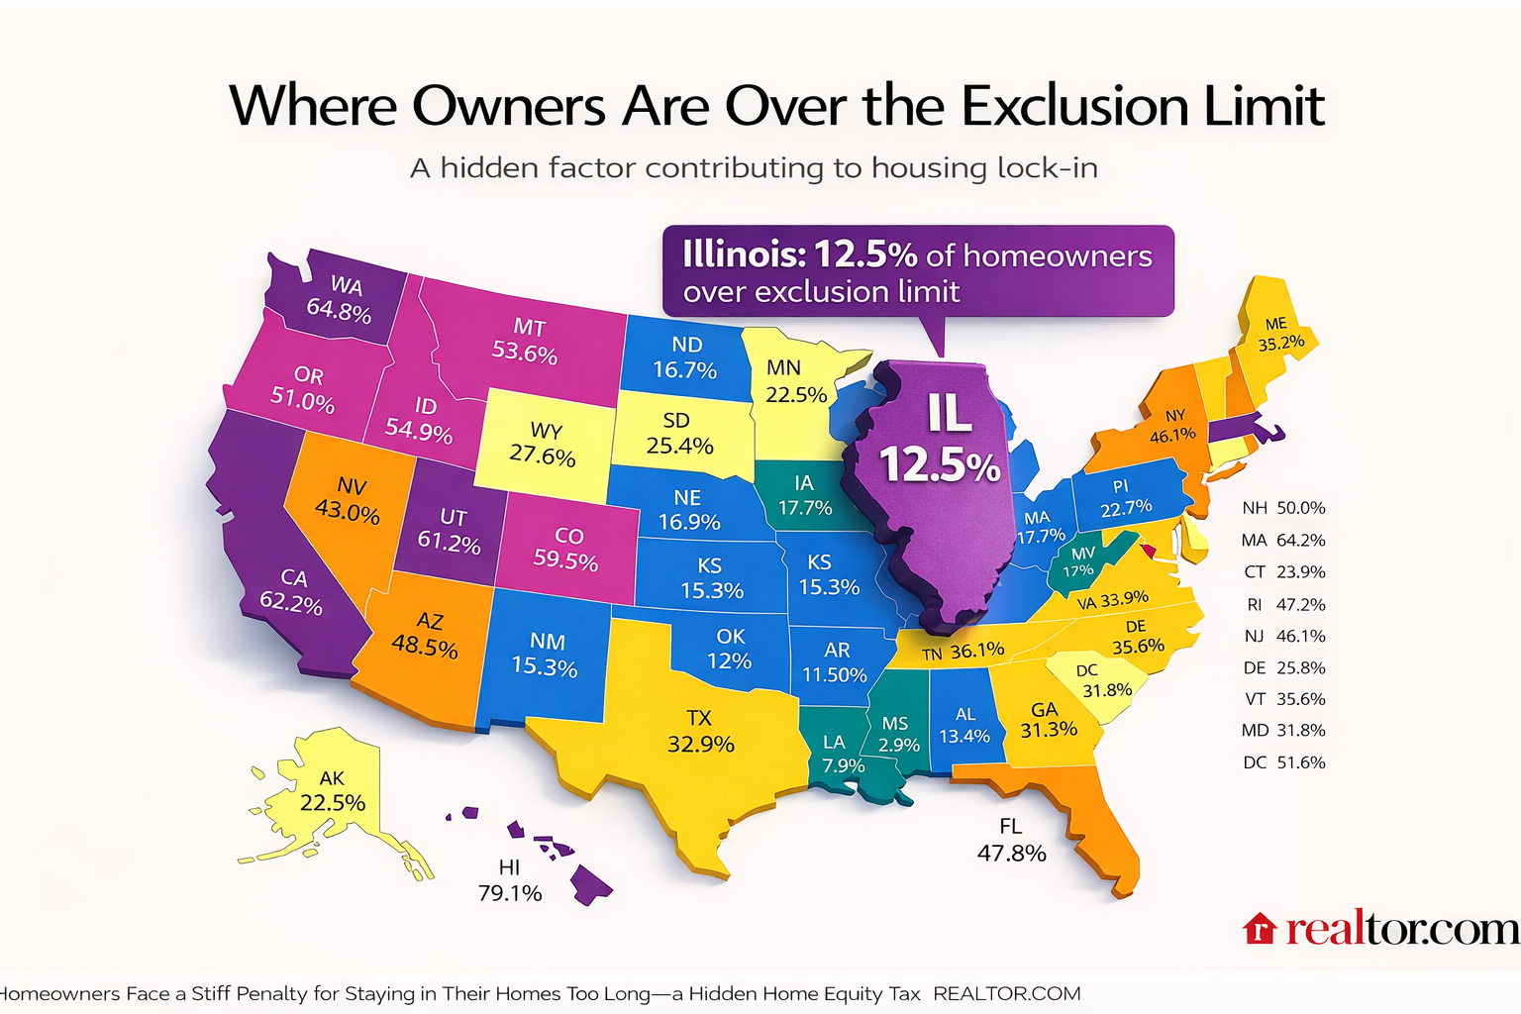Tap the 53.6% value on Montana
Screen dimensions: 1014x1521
[x=525, y=353]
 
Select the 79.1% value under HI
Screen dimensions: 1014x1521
[x=510, y=893]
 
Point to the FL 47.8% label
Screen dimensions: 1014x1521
[x=1011, y=840]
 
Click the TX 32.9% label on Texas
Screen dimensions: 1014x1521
[x=700, y=732]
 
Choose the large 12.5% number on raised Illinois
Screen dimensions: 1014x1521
[x=940, y=464]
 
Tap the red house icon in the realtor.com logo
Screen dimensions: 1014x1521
[x=1259, y=929]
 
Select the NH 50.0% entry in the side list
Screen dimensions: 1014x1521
[x=1283, y=508]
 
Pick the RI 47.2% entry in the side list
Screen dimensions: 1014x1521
[x=1283, y=604]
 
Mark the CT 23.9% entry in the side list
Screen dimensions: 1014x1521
[x=1283, y=572]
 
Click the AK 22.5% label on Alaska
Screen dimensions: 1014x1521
[x=332, y=791]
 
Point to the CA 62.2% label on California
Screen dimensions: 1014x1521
[x=292, y=590]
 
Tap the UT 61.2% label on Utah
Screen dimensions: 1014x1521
[x=450, y=532]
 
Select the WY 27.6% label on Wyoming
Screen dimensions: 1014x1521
[x=543, y=444]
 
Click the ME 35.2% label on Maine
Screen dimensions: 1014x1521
[x=1280, y=334]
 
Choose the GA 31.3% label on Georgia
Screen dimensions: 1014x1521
[x=1048, y=720]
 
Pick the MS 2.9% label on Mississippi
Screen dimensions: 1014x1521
[x=897, y=734]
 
